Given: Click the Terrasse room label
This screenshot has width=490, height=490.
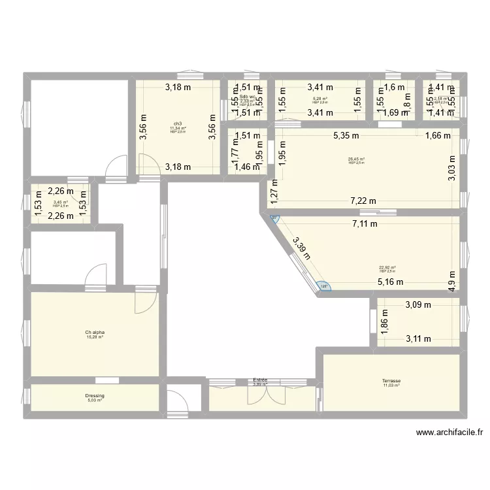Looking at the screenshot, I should point(391,381).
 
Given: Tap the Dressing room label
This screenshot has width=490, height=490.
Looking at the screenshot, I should point(95,396).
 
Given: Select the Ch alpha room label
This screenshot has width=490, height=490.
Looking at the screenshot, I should point(95,333).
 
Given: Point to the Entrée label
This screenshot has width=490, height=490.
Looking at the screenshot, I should point(261,380).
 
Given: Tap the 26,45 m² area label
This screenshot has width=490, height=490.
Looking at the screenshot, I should point(357,158).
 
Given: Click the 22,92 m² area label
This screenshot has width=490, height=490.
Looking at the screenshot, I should point(388,267).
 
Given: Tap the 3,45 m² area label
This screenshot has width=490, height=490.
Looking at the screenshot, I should point(60,203).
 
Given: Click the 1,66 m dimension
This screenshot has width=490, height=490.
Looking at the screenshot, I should point(438,136).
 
